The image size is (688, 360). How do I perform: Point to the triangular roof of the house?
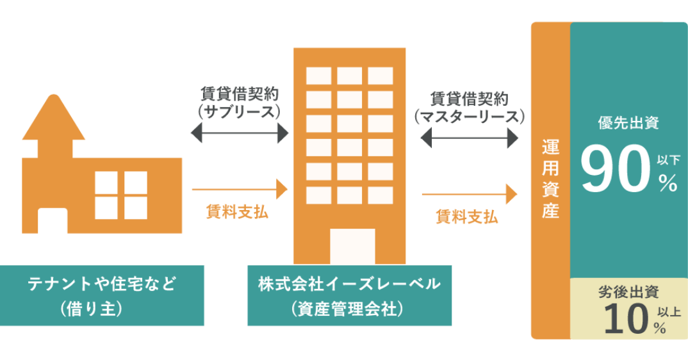click(53, 119)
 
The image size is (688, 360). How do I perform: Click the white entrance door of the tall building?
click(352, 246)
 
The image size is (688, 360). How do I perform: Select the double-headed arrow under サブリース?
click(240, 133)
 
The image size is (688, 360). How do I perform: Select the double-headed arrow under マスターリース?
click(470, 136)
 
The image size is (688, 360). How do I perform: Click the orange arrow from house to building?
click(240, 189)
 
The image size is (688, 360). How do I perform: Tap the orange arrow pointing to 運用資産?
click(470, 193)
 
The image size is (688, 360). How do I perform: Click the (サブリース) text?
click(240, 112)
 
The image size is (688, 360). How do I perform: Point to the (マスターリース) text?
click(470, 117)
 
